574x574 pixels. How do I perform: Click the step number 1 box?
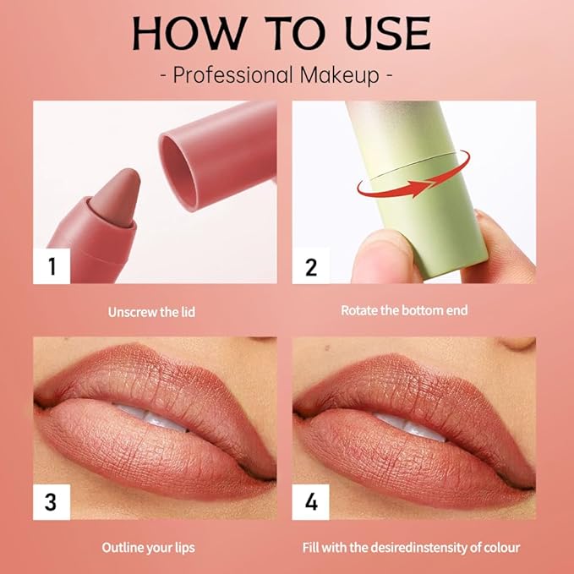[x=52, y=267]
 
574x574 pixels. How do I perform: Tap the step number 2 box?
[x=310, y=267]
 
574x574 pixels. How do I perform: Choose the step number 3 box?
[x=52, y=502]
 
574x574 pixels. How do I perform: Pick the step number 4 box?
[x=310, y=502]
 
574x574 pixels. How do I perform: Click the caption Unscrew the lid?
[x=151, y=312]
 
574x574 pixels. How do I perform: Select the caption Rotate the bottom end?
[x=404, y=310]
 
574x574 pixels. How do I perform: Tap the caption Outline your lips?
[x=148, y=548]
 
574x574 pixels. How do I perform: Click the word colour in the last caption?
[x=498, y=548]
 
